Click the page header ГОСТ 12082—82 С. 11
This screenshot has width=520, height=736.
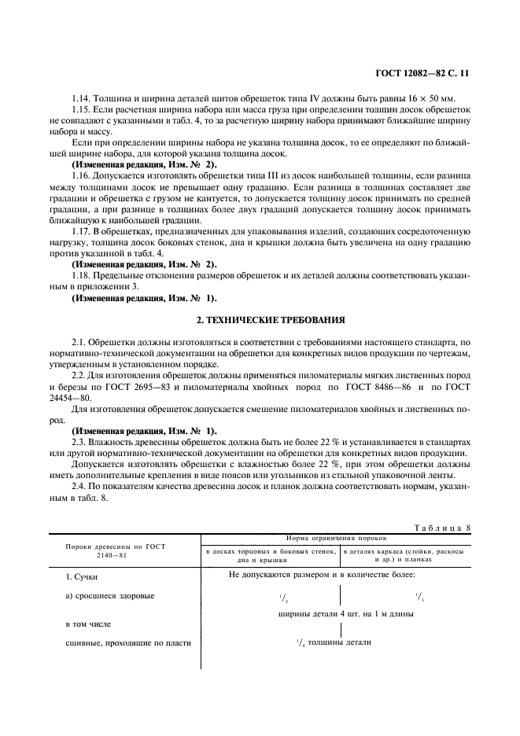pos(423,73)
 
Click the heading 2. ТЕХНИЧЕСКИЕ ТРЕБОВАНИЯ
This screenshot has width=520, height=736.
pos(259,321)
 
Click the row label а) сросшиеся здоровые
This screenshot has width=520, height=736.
pos(110,595)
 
